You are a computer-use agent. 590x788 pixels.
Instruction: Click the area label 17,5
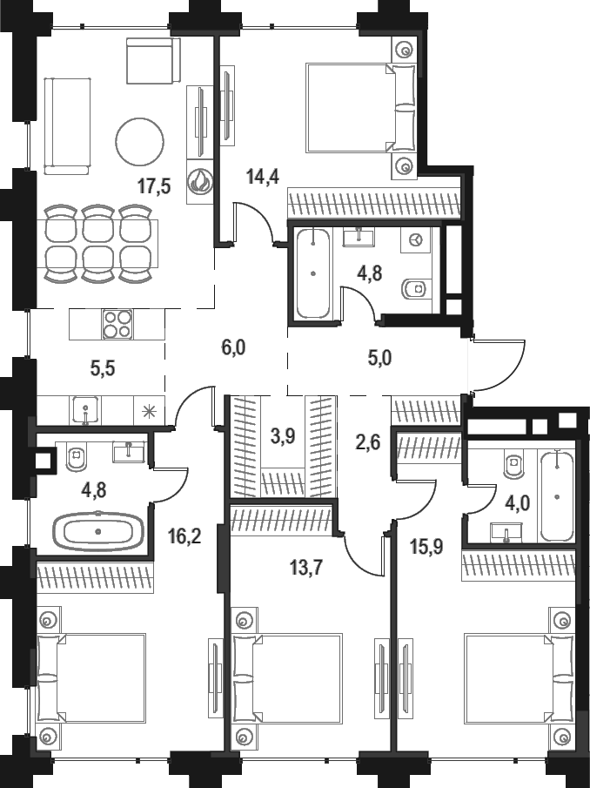pos(154,186)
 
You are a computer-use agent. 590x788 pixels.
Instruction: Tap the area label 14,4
pos(263,177)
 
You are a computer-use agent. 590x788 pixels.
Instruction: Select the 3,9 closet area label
pos(283,436)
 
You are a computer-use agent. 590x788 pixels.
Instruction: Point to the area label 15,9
pos(426,546)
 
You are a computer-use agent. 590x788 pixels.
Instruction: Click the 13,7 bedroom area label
pos(305,568)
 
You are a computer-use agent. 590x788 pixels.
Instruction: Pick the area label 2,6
pos(367,442)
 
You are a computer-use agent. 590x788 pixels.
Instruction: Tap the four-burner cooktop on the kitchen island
pos(117,324)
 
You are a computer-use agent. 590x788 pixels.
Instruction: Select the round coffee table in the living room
pos(139,142)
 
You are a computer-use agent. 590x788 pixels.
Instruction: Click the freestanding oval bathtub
pos(98,531)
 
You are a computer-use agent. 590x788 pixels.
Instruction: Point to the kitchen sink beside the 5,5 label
pos(86,409)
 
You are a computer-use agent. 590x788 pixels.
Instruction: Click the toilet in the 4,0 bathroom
pos(514,465)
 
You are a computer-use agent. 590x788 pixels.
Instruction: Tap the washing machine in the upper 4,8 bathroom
pos(415,240)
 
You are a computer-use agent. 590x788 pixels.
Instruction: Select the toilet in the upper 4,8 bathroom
pos(415,289)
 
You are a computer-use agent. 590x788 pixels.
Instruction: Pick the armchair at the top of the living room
pos(153,61)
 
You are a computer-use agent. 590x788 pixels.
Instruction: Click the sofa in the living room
pos(67,125)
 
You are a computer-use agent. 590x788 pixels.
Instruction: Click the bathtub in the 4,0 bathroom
pos(556,496)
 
